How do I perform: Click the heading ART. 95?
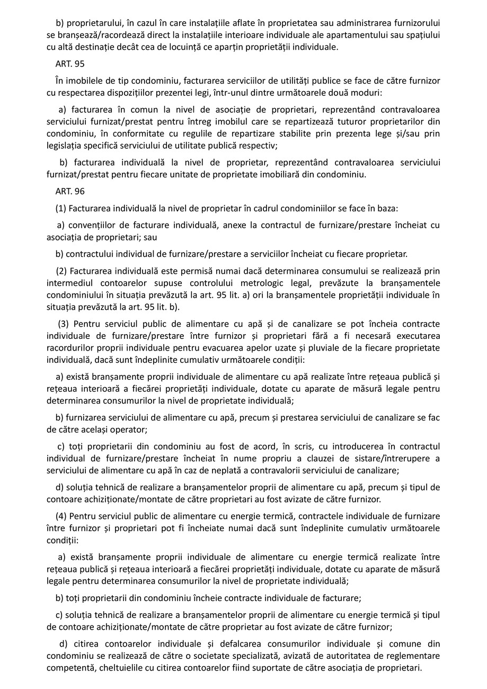(x=69, y=63)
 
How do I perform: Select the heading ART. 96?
(x=69, y=191)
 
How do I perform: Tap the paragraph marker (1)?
(x=61, y=208)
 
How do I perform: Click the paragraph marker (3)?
(x=64, y=323)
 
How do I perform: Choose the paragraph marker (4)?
(x=61, y=516)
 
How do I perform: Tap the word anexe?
(x=234, y=225)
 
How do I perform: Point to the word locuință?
(x=218, y=47)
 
